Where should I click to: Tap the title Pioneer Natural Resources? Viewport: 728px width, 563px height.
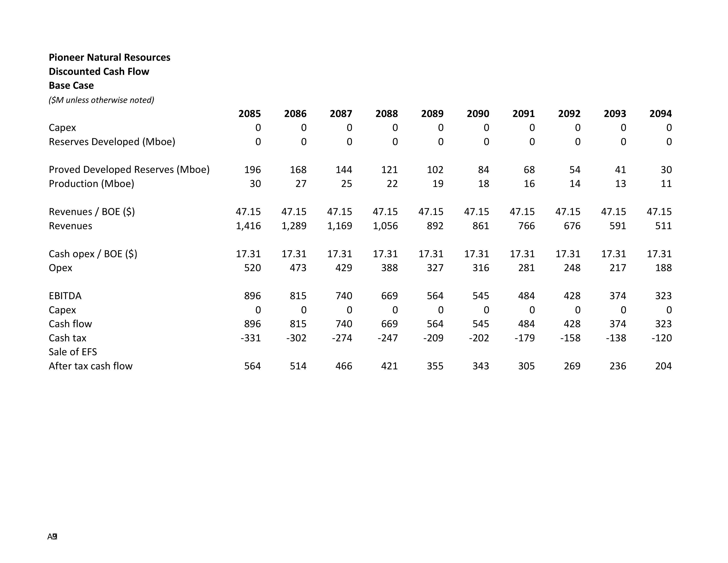coord(109,57)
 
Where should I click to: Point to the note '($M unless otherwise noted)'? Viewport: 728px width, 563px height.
coord(101,100)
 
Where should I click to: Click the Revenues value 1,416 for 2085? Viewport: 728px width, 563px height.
coord(248,226)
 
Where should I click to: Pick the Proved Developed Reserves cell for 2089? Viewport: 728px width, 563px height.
coord(435,170)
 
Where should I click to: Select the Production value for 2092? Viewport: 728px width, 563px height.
coord(575,184)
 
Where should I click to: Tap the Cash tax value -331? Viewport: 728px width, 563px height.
coord(251,338)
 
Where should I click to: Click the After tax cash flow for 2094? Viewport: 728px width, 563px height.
coord(663,366)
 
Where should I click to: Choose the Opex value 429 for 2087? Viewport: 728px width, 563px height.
coord(344,268)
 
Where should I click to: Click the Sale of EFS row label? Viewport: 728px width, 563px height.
coord(73,352)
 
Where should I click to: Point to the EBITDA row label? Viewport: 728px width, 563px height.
coord(65,296)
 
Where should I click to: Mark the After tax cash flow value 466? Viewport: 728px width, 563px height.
coord(344,366)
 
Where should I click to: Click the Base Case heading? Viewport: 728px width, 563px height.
coord(71,85)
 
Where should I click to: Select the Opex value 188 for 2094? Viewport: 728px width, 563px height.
coord(663,268)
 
